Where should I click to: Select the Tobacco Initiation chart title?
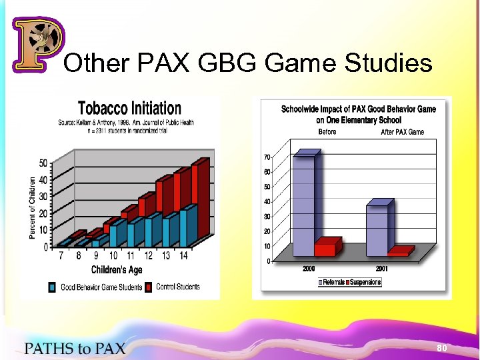[x=129, y=108]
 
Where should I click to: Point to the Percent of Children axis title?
[x=33, y=207]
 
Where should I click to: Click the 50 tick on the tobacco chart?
[x=43, y=163]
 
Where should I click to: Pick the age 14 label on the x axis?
[x=184, y=255]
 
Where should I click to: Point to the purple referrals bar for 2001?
[x=378, y=229]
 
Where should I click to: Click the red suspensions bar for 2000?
[x=326, y=249]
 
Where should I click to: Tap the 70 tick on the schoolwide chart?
[x=267, y=157]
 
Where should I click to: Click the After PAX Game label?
[x=402, y=132]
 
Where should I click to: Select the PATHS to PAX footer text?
[x=75, y=347]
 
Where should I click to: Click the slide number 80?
[x=441, y=348]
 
